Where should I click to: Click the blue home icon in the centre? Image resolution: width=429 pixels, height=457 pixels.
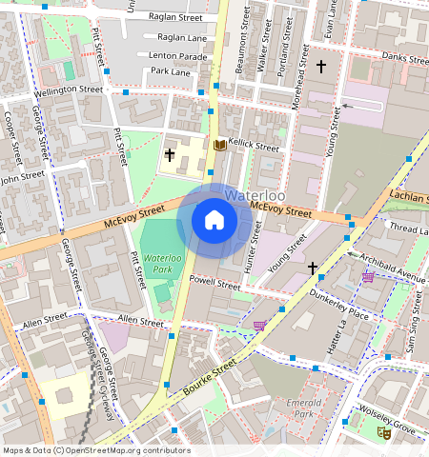tap(214, 221)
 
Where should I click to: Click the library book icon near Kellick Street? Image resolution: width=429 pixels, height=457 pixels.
tap(220, 145)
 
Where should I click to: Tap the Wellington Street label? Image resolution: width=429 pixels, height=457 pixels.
tap(68, 89)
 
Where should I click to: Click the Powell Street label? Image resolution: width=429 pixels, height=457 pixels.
tap(214, 282)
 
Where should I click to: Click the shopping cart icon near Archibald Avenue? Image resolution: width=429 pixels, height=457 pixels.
tap(368, 277)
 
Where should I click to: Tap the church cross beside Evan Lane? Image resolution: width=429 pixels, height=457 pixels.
tap(321, 67)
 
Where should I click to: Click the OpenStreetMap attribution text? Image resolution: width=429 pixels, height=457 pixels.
tap(95, 450)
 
